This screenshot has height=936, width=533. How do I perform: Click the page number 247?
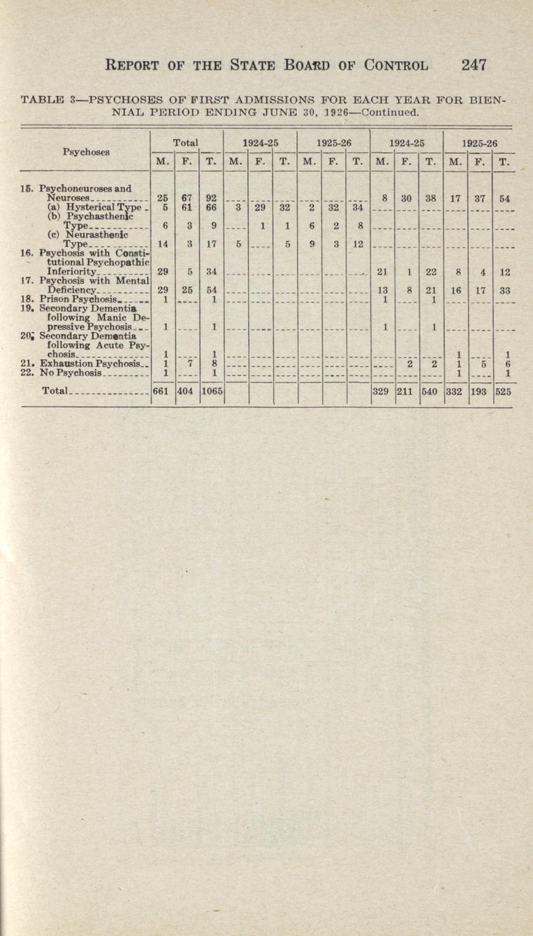pos(474,65)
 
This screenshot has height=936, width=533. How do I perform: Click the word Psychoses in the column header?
pos(86,152)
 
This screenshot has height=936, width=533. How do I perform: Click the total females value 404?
pos(186,392)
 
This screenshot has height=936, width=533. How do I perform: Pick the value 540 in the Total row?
pos(430,392)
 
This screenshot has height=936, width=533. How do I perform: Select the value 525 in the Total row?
pos(502,392)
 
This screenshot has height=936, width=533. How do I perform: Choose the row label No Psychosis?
pos(71,373)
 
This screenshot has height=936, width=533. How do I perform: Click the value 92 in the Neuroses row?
pos(212,198)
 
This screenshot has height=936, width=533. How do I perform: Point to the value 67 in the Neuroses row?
pos(186,198)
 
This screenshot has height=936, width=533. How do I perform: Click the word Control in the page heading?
pos(397,66)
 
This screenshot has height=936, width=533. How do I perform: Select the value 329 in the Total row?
pos(383,392)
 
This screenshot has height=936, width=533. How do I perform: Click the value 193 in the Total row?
pos(479,392)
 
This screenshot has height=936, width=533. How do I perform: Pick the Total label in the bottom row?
pos(56,392)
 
